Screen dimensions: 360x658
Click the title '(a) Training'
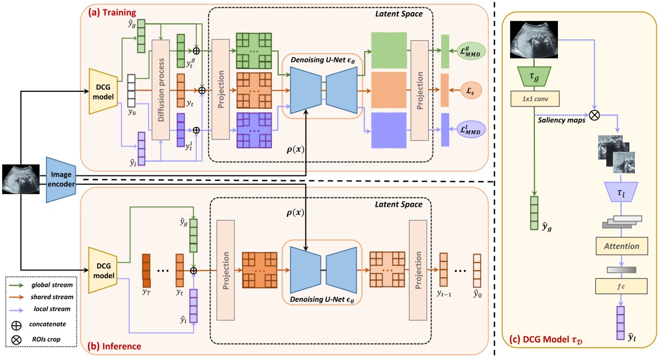click(x=117, y=12)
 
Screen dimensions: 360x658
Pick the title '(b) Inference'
click(x=115, y=346)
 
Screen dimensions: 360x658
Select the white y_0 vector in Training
click(x=131, y=90)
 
